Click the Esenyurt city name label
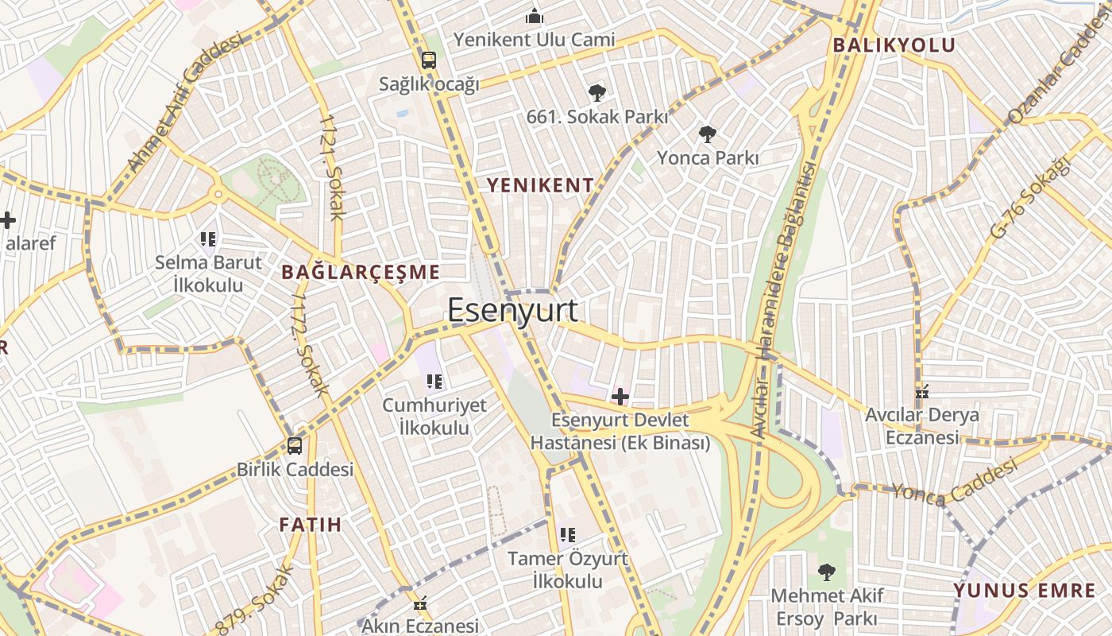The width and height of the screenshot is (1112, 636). pyautogui.click(x=512, y=310)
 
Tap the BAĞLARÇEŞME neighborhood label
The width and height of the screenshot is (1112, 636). pyautogui.click(x=361, y=273)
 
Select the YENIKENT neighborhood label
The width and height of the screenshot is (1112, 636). pyautogui.click(x=539, y=186)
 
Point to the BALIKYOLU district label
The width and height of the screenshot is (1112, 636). pyautogui.click(x=894, y=45)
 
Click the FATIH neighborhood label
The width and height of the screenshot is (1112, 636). pyautogui.click(x=310, y=525)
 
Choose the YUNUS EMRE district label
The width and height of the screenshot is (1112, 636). pyautogui.click(x=1025, y=591)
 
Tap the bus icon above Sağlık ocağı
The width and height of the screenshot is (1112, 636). pyautogui.click(x=429, y=60)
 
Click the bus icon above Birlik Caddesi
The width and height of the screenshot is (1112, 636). pyautogui.click(x=295, y=446)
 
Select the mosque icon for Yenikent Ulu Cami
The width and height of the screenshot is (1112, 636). pyautogui.click(x=535, y=16)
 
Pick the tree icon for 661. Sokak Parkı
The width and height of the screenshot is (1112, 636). pyautogui.click(x=597, y=93)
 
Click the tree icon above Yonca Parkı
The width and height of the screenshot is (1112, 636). pyautogui.click(x=707, y=134)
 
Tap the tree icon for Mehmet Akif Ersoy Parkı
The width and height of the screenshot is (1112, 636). pyautogui.click(x=826, y=572)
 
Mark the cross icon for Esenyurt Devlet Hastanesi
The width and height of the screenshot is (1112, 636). pyautogui.click(x=620, y=396)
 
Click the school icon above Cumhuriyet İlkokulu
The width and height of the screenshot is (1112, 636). pyautogui.click(x=434, y=382)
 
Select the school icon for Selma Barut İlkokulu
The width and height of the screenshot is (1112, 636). pyautogui.click(x=208, y=238)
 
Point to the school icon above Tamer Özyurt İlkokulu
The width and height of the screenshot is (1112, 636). pyautogui.click(x=567, y=535)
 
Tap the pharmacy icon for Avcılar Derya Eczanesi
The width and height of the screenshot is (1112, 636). pyautogui.click(x=922, y=392)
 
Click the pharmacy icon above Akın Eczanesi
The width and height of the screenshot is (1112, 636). pyautogui.click(x=420, y=603)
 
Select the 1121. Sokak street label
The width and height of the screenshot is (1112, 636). pyautogui.click(x=332, y=166)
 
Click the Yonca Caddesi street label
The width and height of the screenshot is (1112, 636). pyautogui.click(x=953, y=483)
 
